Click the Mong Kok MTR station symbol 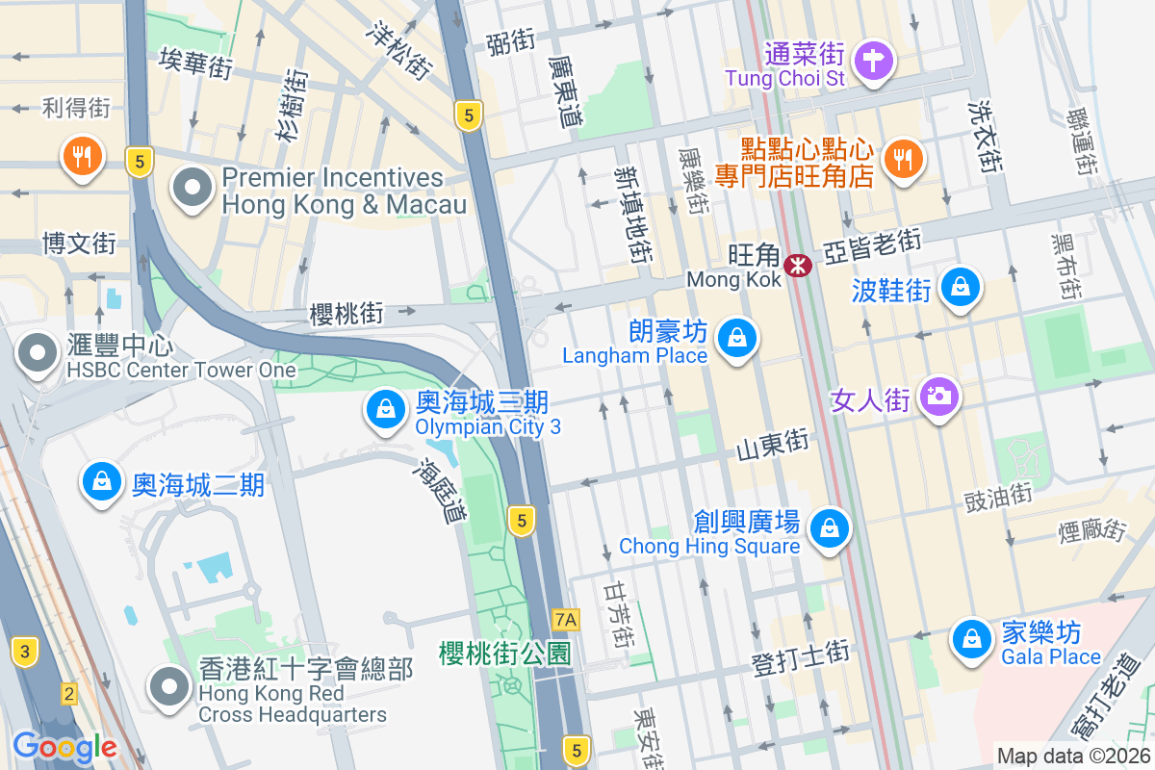(797, 265)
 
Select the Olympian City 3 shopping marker (385, 410)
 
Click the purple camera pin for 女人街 (938, 396)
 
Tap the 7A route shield (566, 619)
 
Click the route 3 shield (25, 652)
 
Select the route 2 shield (68, 693)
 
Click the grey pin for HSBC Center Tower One (38, 353)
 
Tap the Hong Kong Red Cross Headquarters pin (170, 687)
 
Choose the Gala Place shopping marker (972, 639)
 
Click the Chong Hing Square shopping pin (829, 527)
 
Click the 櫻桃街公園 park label (504, 654)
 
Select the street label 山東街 (772, 444)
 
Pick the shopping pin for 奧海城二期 (102, 481)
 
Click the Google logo (64, 747)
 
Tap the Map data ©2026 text (1072, 756)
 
